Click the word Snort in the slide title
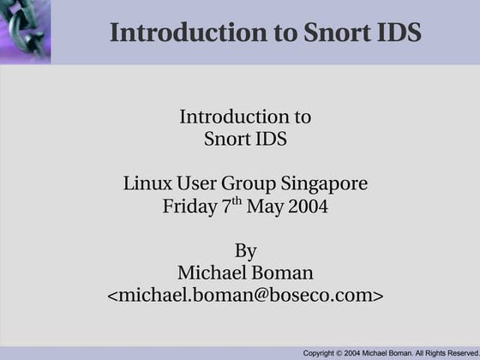[338, 33]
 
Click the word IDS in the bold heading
[399, 33]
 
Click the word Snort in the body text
[227, 138]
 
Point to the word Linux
[145, 183]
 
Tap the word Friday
[189, 207]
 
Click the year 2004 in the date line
[309, 207]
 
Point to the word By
[245, 251]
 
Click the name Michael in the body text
[209, 273]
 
